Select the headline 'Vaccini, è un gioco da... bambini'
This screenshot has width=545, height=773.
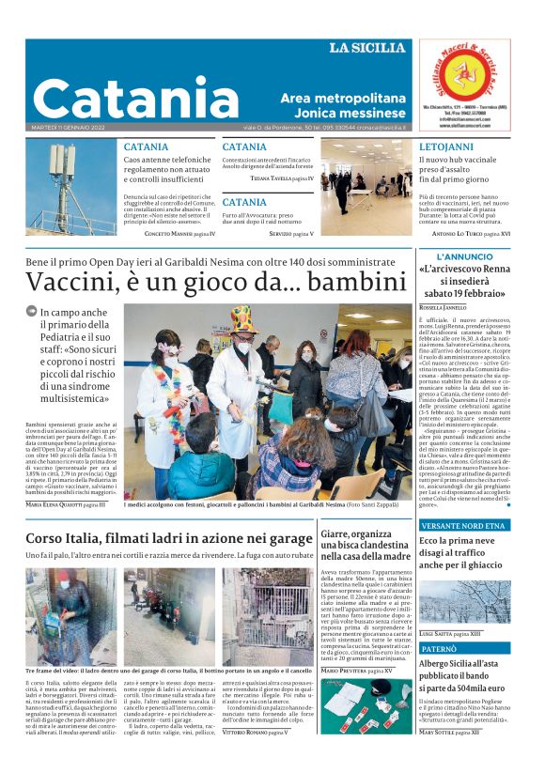(209, 281)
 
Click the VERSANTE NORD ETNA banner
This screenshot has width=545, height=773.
(463, 525)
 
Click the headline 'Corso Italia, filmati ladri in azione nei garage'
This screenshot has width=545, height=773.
(169, 538)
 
